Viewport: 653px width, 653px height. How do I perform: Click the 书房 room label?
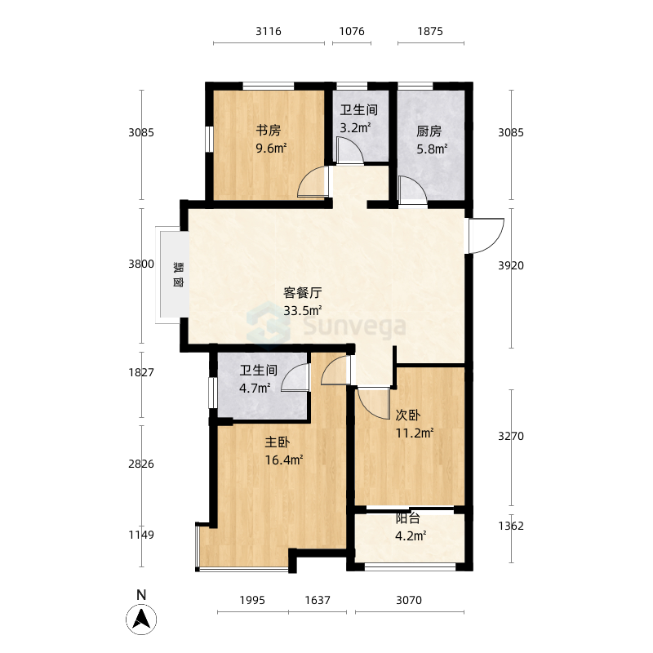[x=269, y=131]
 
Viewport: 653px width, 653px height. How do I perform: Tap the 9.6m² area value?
[x=271, y=148]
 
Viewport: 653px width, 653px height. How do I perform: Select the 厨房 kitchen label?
[x=429, y=131]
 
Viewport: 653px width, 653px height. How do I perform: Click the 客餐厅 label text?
[x=302, y=293]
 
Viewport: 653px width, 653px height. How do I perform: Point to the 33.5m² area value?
[x=302, y=310]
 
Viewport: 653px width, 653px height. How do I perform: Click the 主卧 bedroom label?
[x=278, y=442]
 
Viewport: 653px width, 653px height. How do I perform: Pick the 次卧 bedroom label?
[x=407, y=415]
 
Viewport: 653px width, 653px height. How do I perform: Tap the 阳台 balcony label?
[x=407, y=518]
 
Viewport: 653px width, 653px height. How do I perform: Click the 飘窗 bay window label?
[x=178, y=274]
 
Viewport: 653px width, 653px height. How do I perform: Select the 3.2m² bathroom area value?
[x=355, y=127]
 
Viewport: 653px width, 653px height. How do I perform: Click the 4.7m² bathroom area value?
[x=255, y=389]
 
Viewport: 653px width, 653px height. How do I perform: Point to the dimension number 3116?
[x=269, y=31]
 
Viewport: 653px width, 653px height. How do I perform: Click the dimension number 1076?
[x=352, y=31]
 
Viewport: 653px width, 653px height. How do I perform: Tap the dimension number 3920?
[x=511, y=265]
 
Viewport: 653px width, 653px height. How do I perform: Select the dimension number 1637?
[x=318, y=600]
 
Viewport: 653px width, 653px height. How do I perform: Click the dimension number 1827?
[x=141, y=372]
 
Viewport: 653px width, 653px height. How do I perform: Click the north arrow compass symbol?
[x=141, y=620]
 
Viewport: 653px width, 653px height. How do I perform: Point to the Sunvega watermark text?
[x=354, y=326]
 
